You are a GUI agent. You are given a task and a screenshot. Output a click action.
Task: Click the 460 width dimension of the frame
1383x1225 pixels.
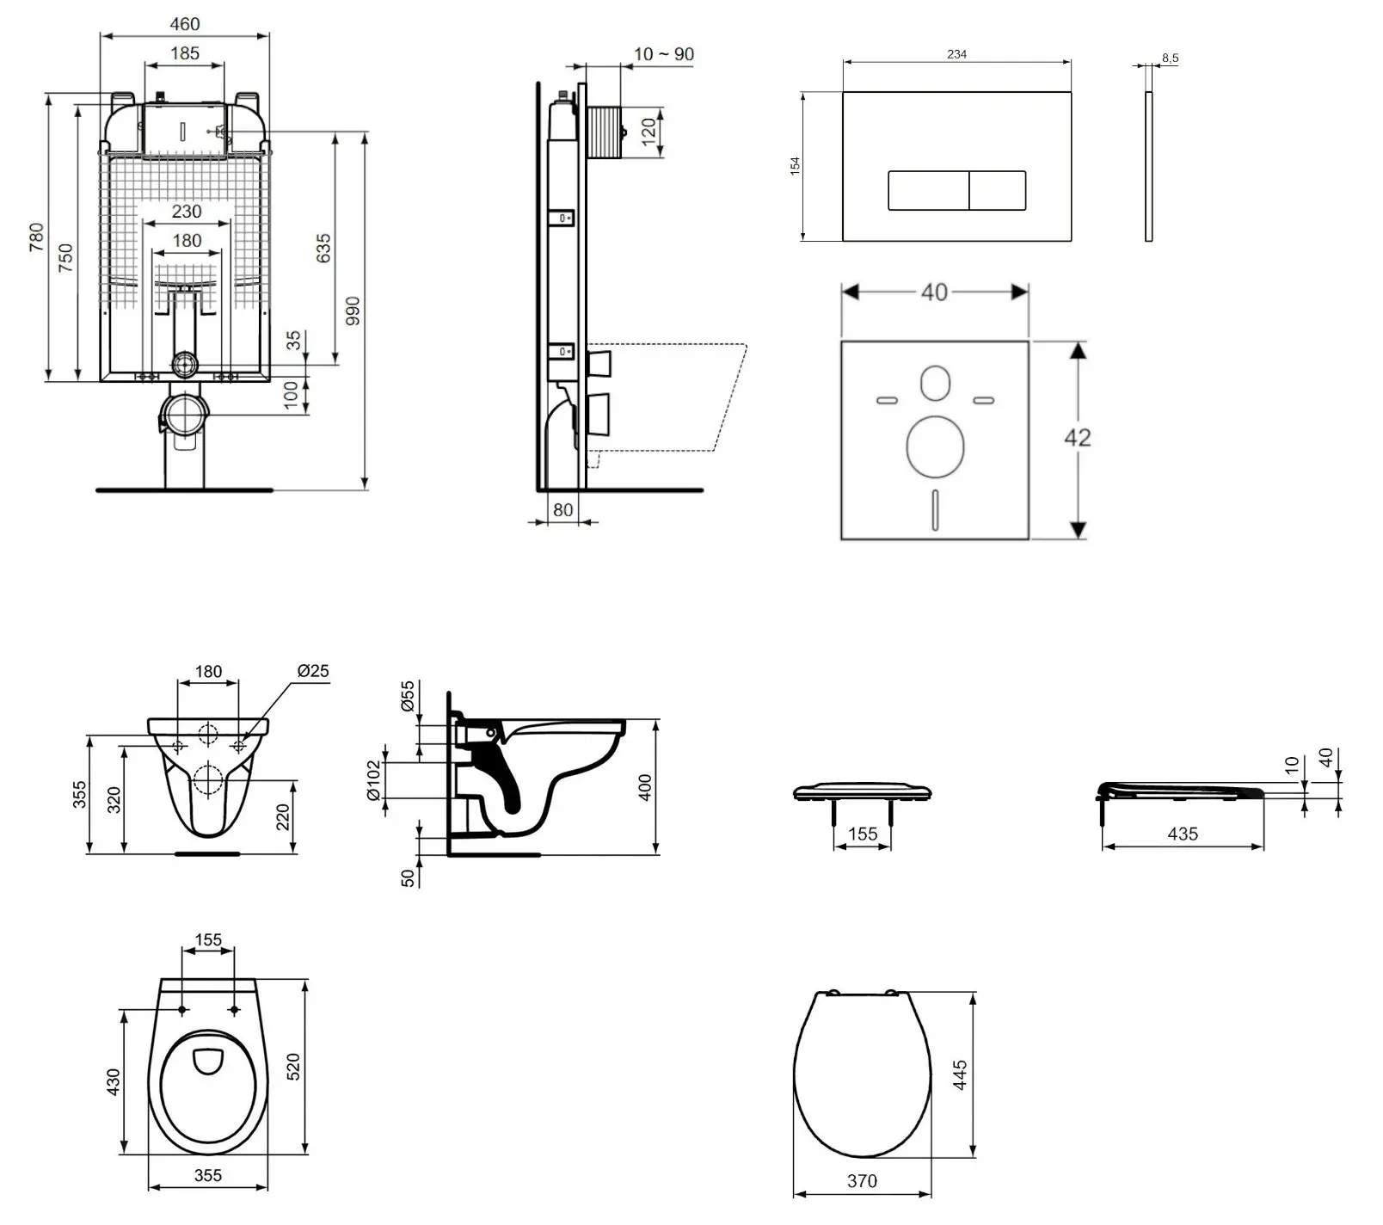click(x=185, y=24)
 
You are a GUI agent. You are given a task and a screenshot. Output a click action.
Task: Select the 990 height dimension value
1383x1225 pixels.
click(x=353, y=311)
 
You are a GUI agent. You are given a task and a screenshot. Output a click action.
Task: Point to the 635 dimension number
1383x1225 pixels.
click(x=323, y=249)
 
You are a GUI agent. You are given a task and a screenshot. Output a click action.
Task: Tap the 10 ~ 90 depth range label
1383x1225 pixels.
click(x=663, y=54)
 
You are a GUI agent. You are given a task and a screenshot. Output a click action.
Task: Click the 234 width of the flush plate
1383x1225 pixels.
click(x=956, y=54)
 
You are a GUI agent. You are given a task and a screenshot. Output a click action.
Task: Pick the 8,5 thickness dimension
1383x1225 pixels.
click(x=1170, y=58)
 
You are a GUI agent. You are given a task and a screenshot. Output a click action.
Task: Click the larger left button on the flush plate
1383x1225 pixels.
click(x=928, y=190)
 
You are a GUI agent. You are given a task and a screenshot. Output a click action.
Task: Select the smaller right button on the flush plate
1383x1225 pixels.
click(x=998, y=190)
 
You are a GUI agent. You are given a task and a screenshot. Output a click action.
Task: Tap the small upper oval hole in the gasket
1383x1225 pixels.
click(x=935, y=384)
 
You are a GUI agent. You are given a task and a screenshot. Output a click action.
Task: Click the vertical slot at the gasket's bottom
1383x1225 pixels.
click(x=935, y=509)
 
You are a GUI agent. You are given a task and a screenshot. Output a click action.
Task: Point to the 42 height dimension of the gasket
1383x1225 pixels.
click(x=1077, y=438)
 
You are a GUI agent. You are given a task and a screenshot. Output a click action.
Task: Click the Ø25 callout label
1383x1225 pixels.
click(x=313, y=671)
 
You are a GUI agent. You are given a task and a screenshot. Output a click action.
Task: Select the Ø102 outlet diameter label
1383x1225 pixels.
click(x=373, y=779)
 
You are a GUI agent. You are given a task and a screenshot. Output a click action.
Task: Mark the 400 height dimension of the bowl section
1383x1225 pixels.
click(x=646, y=787)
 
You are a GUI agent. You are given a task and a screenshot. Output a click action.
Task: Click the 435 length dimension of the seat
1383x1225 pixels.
click(x=1183, y=834)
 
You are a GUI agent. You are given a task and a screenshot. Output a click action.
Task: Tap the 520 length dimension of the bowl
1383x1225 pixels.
click(x=293, y=1067)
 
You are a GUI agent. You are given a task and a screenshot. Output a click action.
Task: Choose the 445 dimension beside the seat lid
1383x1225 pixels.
click(x=961, y=1074)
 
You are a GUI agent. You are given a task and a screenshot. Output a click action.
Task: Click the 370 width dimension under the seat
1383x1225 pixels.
click(x=862, y=1181)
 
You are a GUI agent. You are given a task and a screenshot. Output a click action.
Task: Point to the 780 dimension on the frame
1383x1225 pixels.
click(x=36, y=237)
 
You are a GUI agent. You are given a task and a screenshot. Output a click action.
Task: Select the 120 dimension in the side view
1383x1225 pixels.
click(x=649, y=129)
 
